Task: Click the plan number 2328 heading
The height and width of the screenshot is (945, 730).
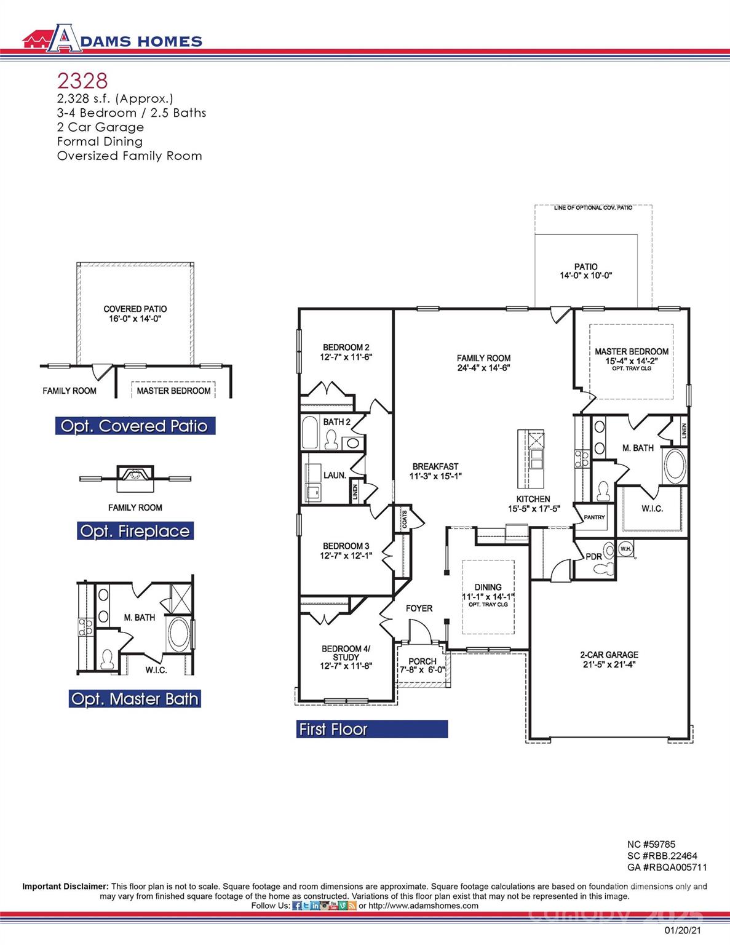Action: [x=82, y=81]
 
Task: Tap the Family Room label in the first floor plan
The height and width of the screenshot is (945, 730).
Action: [x=483, y=358]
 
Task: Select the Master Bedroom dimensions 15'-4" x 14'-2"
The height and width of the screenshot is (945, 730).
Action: [x=631, y=361]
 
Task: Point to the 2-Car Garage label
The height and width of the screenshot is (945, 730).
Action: [x=609, y=655]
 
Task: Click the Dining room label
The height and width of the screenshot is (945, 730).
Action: [x=488, y=587]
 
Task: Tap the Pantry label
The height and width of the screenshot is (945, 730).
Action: [x=594, y=517]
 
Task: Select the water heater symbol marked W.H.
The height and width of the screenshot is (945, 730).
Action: [x=625, y=549]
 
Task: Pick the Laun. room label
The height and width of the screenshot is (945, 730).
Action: [x=335, y=476]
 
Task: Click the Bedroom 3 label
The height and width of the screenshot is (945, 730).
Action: [x=346, y=546]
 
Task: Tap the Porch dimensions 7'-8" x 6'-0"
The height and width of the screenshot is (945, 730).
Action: [x=423, y=670]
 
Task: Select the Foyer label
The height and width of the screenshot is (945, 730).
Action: [x=419, y=608]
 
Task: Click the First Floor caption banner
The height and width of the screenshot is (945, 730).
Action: [x=371, y=729]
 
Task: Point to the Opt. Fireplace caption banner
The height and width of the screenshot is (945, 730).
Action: [x=135, y=531]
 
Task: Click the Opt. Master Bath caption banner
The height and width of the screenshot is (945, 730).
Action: [x=135, y=699]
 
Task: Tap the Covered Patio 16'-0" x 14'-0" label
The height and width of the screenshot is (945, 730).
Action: [x=135, y=314]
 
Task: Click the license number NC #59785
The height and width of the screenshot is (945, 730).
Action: [x=651, y=845]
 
